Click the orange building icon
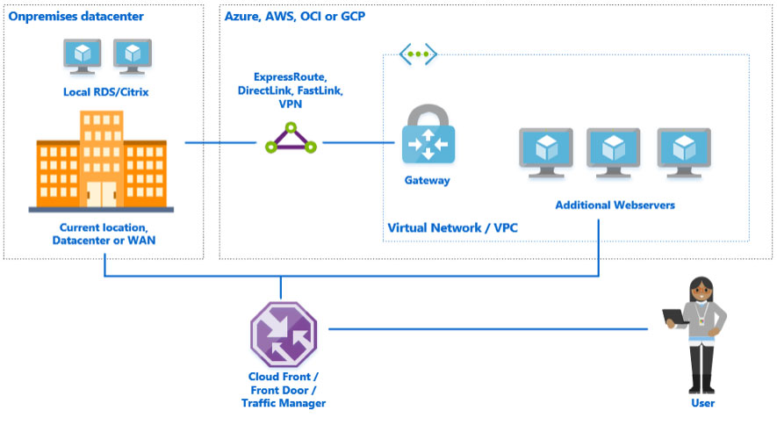pos(101,162)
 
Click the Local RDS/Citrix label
pos(105,91)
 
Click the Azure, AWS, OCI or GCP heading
pos(296,16)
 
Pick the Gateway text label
pos(427,181)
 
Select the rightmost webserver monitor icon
pos(684,150)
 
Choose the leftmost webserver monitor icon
pos(545,150)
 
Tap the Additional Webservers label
pos(615,205)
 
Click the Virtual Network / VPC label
pos(452,228)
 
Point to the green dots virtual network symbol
pos(418,54)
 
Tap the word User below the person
pos(702,403)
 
